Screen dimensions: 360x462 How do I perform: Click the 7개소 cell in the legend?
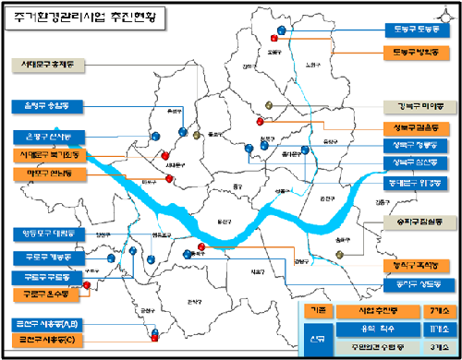pyautogui.click(x=430, y=311)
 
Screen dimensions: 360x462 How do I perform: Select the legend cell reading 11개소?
pyautogui.click(x=430, y=328)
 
